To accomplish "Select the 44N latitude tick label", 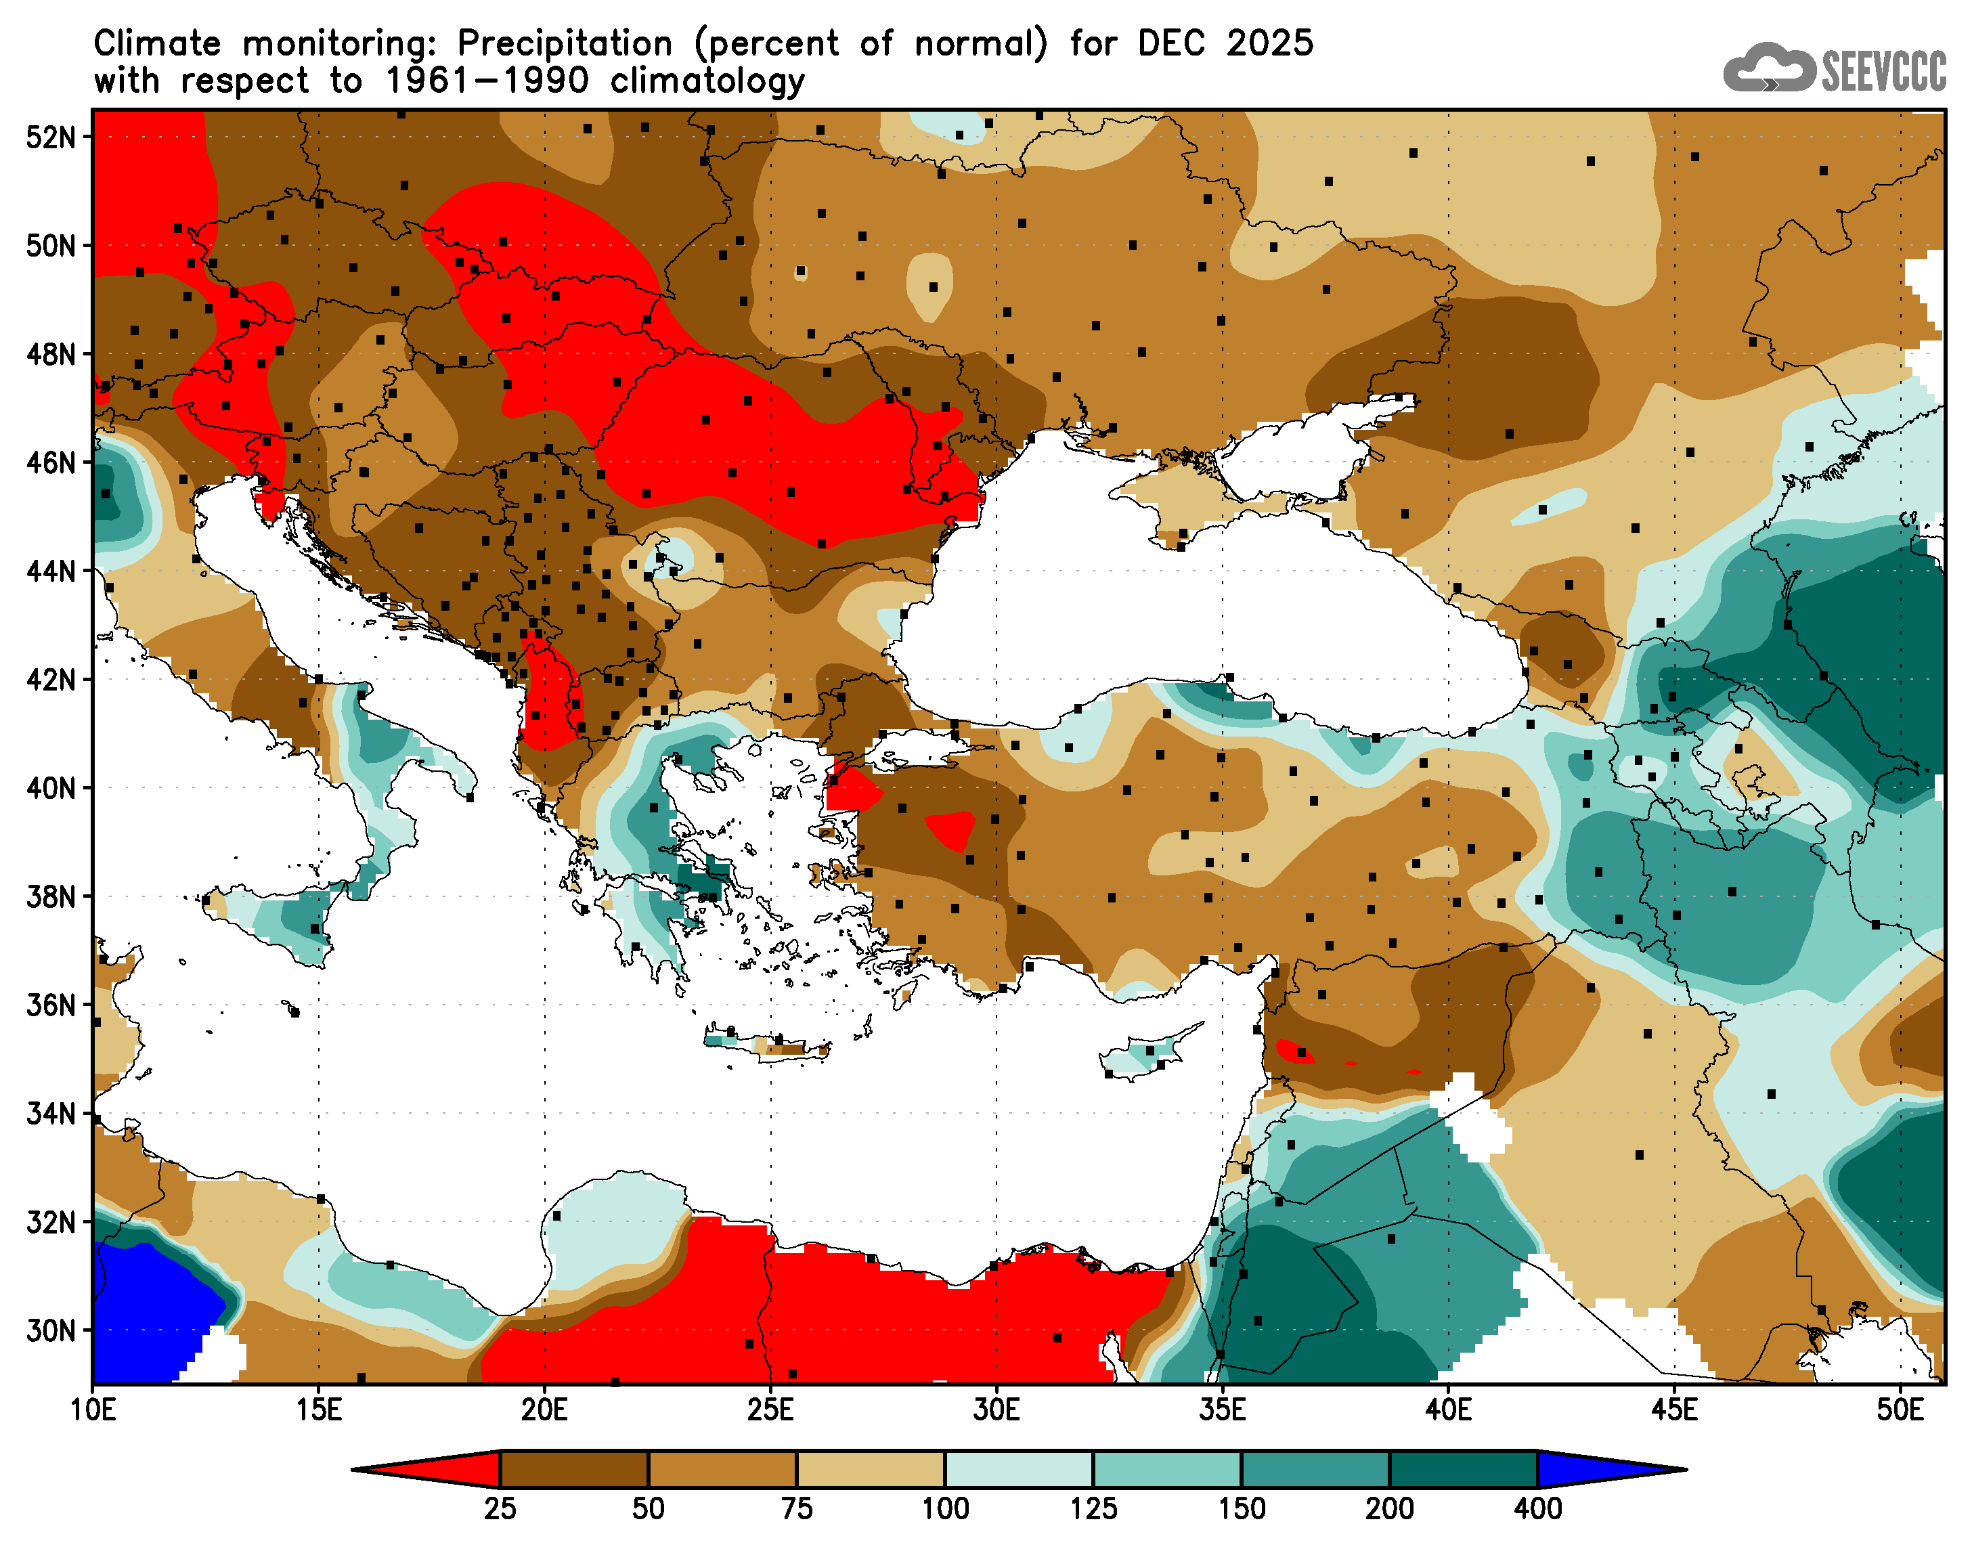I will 51,571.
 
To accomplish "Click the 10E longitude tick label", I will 93,1411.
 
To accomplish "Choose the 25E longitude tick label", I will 770,1411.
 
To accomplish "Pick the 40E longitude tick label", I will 1448,1411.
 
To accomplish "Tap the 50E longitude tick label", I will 1900,1411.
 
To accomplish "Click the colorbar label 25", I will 500,1509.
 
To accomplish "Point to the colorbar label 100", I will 945,1509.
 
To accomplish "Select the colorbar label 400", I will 1537,1509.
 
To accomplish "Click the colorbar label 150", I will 1242,1509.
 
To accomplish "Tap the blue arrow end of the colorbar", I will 1596,1469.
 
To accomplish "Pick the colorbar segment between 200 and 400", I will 1464,1469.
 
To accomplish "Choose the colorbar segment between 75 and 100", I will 871,1469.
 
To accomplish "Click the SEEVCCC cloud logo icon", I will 1768,68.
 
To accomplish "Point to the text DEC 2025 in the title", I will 1225,43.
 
